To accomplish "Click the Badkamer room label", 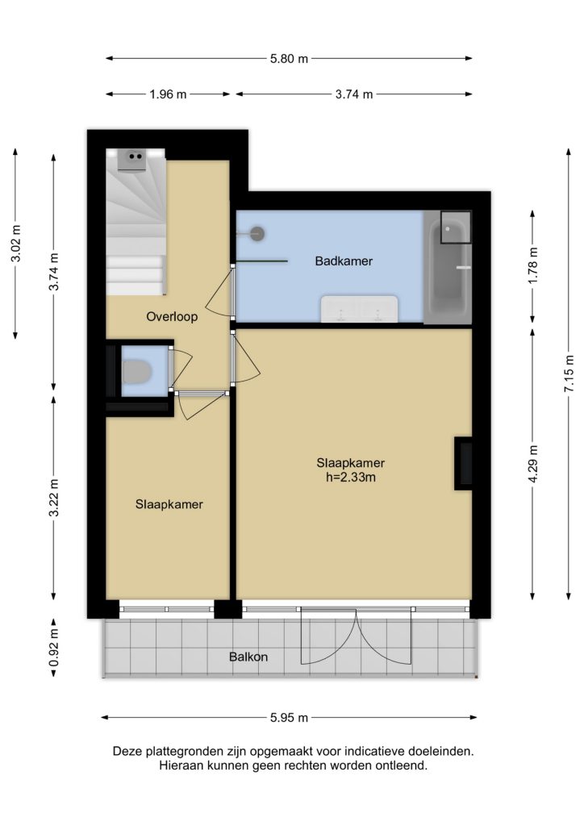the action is [344, 261].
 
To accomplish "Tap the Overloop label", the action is [172, 316].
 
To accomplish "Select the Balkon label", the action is [248, 657].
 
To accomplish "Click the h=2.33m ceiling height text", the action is [351, 478].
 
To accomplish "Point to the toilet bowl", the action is [137, 371].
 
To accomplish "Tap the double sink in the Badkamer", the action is [359, 309].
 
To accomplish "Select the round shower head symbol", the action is [257, 233].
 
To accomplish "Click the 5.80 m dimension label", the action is [289, 58].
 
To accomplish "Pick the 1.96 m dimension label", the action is [168, 94].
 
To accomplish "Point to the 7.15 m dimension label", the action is [569, 373].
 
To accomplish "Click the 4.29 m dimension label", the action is [533, 464].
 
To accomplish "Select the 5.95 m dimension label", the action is [289, 717].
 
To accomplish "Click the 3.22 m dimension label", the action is [53, 498].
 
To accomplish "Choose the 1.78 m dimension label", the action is [533, 265].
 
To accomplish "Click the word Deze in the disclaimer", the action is [127, 751].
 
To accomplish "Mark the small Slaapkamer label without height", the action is [169, 504].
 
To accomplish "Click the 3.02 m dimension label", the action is [16, 244].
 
